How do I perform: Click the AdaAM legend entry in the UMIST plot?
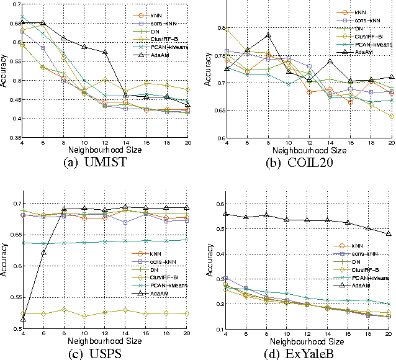(158, 55)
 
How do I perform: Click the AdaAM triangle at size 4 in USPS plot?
(23, 319)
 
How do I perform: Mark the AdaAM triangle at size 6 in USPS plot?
(43, 252)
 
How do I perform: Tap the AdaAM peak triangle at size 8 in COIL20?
(251, 35)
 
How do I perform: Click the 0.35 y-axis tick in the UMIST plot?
(13, 137)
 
